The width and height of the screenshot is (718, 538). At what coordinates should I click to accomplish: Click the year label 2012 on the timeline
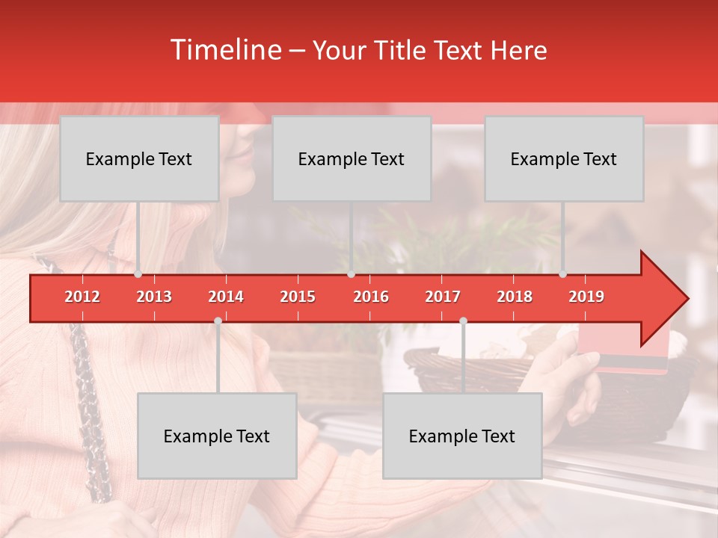[82, 297]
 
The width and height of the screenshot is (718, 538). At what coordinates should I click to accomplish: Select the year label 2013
[154, 297]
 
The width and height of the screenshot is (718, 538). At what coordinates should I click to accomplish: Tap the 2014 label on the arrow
[226, 297]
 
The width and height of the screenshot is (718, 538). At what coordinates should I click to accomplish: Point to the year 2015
[298, 297]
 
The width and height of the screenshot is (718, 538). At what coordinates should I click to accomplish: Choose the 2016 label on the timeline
[370, 297]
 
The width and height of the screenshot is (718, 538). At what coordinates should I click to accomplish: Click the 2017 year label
[442, 297]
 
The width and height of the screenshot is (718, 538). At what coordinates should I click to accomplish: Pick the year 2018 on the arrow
[515, 297]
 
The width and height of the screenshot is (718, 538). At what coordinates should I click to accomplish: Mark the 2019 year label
[586, 297]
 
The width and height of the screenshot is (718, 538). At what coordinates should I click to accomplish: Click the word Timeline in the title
[225, 50]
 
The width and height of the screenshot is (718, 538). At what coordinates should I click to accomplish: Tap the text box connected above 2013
[139, 158]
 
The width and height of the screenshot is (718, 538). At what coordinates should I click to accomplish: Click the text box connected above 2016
[352, 158]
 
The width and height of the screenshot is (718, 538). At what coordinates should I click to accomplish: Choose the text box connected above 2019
[564, 158]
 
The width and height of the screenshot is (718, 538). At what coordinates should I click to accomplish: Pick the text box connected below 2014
[217, 436]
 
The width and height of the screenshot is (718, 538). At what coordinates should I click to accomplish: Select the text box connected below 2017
[462, 436]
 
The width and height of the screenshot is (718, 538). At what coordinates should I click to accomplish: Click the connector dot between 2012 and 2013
[138, 274]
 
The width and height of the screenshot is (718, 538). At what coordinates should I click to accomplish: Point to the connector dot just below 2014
[218, 321]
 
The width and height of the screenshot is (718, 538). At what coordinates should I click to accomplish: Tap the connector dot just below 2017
[463, 321]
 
